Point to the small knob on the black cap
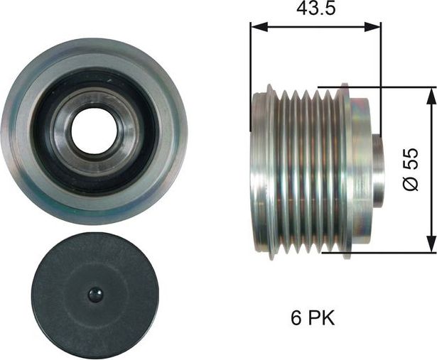(x=95, y=294)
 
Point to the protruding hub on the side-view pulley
(x=377, y=170)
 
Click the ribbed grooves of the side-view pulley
(x=306, y=170)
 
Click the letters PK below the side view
(x=320, y=317)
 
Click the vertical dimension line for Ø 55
(x=431, y=213)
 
